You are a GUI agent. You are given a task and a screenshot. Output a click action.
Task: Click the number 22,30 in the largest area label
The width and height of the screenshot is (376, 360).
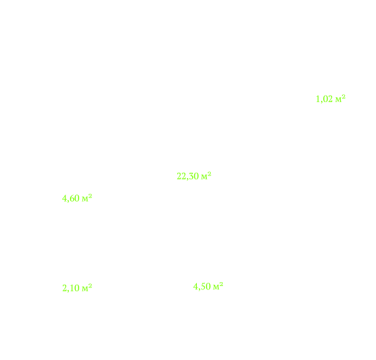pyautogui.click(x=188, y=176)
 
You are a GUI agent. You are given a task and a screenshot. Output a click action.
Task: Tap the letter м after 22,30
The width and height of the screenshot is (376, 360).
pyautogui.click(x=204, y=177)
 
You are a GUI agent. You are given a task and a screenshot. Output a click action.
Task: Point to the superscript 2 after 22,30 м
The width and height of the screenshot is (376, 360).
pyautogui.click(x=209, y=173)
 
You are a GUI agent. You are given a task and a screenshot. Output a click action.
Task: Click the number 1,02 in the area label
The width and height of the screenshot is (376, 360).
pyautogui.click(x=324, y=99)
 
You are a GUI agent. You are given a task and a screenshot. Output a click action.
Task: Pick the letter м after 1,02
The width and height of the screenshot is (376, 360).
pyautogui.click(x=338, y=100)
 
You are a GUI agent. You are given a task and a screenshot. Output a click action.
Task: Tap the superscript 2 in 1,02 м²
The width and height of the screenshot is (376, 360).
pyautogui.click(x=343, y=96)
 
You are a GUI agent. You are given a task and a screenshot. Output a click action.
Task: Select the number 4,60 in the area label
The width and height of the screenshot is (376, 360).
pyautogui.click(x=71, y=198)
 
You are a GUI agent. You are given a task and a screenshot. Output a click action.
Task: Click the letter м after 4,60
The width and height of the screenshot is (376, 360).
pyautogui.click(x=85, y=200)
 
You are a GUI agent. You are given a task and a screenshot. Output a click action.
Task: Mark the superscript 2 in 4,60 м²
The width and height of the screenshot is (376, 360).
pyautogui.click(x=90, y=196)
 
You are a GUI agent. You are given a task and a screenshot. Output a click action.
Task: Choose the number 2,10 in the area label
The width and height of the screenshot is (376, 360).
pyautogui.click(x=71, y=288)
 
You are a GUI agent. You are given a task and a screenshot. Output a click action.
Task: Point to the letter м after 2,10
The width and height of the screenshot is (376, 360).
pyautogui.click(x=85, y=289)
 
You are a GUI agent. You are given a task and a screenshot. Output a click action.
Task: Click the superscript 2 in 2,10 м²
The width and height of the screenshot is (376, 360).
pyautogui.click(x=90, y=285)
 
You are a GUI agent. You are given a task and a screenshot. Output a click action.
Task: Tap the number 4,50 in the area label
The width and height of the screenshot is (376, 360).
pyautogui.click(x=202, y=287)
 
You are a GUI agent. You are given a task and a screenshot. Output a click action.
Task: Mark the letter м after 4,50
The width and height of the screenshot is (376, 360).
pyautogui.click(x=216, y=287)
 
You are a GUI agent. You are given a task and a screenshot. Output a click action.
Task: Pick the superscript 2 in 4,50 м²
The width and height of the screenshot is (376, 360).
pyautogui.click(x=221, y=284)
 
